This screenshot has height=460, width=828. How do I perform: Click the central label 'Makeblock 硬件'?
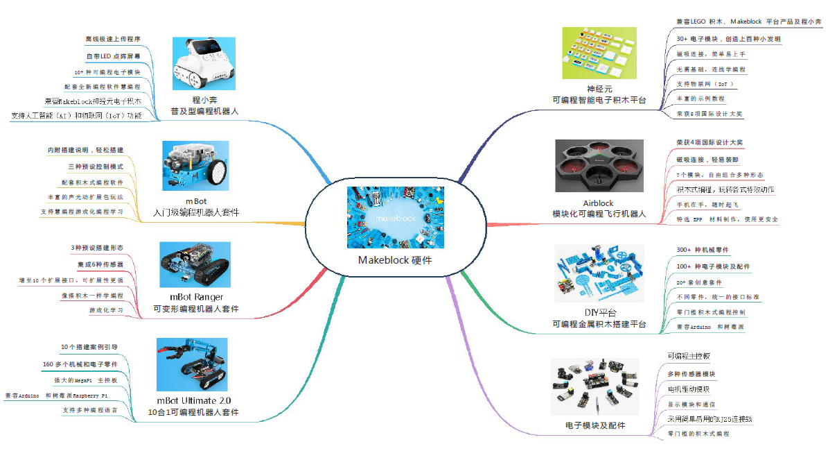click(394, 260)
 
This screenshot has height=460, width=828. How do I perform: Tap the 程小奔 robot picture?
click(204, 63)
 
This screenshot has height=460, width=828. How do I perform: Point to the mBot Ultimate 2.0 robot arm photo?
click(192, 364)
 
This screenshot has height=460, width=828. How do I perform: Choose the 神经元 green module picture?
click(599, 53)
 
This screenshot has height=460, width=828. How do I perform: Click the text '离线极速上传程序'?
click(113, 39)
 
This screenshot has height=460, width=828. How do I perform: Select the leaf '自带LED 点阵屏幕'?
click(113, 56)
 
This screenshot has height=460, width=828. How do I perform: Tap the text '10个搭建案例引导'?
click(89, 347)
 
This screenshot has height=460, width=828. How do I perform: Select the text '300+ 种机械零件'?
click(702, 250)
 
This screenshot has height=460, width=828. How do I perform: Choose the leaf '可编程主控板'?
click(689, 356)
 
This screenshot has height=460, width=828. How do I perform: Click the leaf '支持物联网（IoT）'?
click(705, 84)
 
